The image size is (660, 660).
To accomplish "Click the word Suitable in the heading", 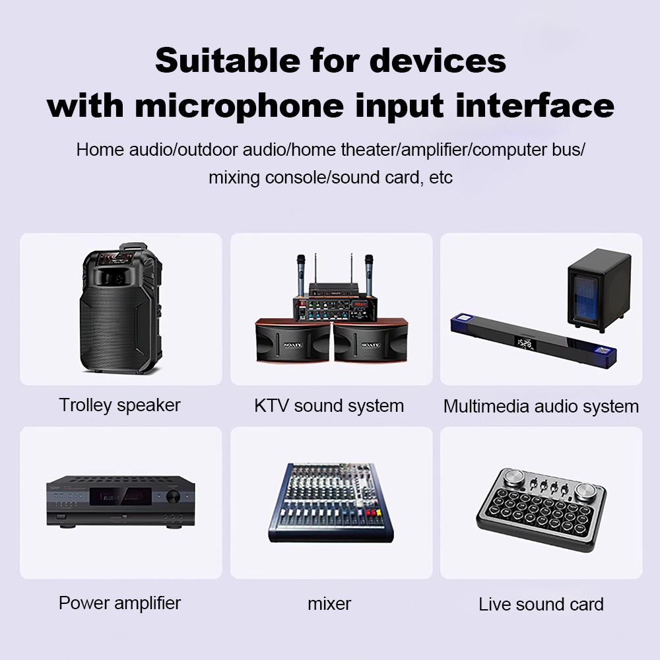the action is coord(228,61).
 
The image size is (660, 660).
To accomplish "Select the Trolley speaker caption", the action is coord(119,405).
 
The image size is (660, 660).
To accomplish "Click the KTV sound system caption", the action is coord(329,406).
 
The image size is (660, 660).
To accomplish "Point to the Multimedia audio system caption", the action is coord(541,407).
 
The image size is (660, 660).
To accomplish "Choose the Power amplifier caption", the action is coord(119,603).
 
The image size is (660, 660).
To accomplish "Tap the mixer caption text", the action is coord(329,604).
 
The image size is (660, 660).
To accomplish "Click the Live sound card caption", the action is coord(541,605).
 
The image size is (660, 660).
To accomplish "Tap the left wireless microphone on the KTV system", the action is coord(300,276).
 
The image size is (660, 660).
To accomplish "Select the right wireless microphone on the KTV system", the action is coord(369,276).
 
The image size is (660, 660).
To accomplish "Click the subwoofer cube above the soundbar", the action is coord(599,290).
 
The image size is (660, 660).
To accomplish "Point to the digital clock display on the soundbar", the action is coord(525,343).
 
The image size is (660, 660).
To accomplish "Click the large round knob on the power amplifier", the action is coord(173,497).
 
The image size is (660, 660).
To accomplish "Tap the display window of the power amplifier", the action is coord(120,497).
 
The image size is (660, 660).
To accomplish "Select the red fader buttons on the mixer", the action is coord(373,513).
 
